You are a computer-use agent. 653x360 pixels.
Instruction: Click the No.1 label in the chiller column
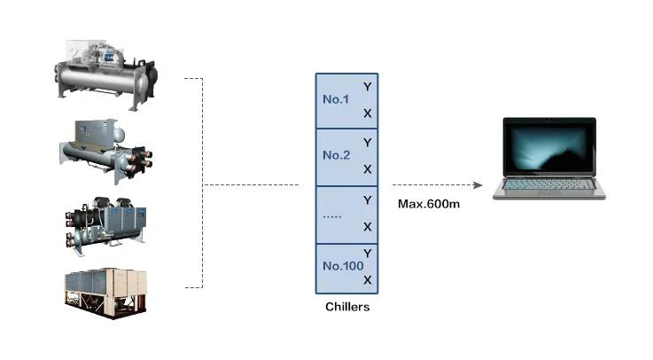(336, 99)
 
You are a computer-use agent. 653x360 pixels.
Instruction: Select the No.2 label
(337, 155)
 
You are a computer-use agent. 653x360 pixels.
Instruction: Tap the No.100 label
(343, 266)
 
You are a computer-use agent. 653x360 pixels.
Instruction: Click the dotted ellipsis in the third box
(332, 216)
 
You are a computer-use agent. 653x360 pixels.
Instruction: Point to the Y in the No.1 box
(368, 87)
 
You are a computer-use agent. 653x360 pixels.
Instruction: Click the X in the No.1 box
(368, 113)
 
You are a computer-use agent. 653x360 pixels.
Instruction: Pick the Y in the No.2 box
(368, 143)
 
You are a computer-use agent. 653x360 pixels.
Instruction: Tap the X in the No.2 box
(368, 169)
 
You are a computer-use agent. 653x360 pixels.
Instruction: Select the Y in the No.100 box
(368, 254)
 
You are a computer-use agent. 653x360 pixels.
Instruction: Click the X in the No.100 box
(368, 280)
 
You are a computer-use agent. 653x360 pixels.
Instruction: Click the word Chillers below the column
(347, 307)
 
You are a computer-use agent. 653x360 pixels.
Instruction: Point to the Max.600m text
(429, 204)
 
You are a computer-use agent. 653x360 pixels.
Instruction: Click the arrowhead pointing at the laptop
(478, 185)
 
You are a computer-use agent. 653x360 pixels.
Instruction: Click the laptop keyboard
(548, 184)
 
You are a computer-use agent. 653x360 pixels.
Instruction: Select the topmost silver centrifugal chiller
(105, 75)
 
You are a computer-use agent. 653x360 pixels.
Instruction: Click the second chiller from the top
(105, 152)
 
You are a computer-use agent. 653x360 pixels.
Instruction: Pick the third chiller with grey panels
(105, 225)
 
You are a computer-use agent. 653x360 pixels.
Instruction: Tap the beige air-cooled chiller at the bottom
(105, 293)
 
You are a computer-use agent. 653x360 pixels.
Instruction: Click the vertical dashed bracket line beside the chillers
(203, 183)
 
